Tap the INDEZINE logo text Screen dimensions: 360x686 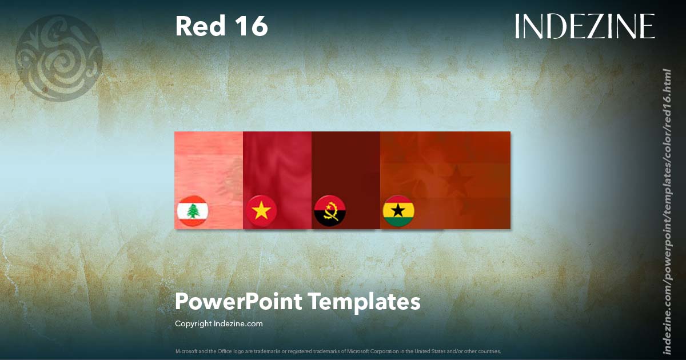584,26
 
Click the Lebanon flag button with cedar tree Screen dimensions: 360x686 192,211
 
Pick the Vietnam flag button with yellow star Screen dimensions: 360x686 261,211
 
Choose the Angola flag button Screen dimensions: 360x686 330,211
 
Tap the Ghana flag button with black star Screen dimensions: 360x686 398,211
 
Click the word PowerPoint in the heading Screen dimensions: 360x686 238,302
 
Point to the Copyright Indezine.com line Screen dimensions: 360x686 218,324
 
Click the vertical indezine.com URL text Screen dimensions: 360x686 667,211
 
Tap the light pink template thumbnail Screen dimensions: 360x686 209,166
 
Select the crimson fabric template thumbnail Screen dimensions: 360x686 277,166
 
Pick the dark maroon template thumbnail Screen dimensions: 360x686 346,166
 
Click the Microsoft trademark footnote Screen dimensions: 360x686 338,351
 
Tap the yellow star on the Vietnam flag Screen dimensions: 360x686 261,211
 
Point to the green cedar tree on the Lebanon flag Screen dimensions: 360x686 192,211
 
